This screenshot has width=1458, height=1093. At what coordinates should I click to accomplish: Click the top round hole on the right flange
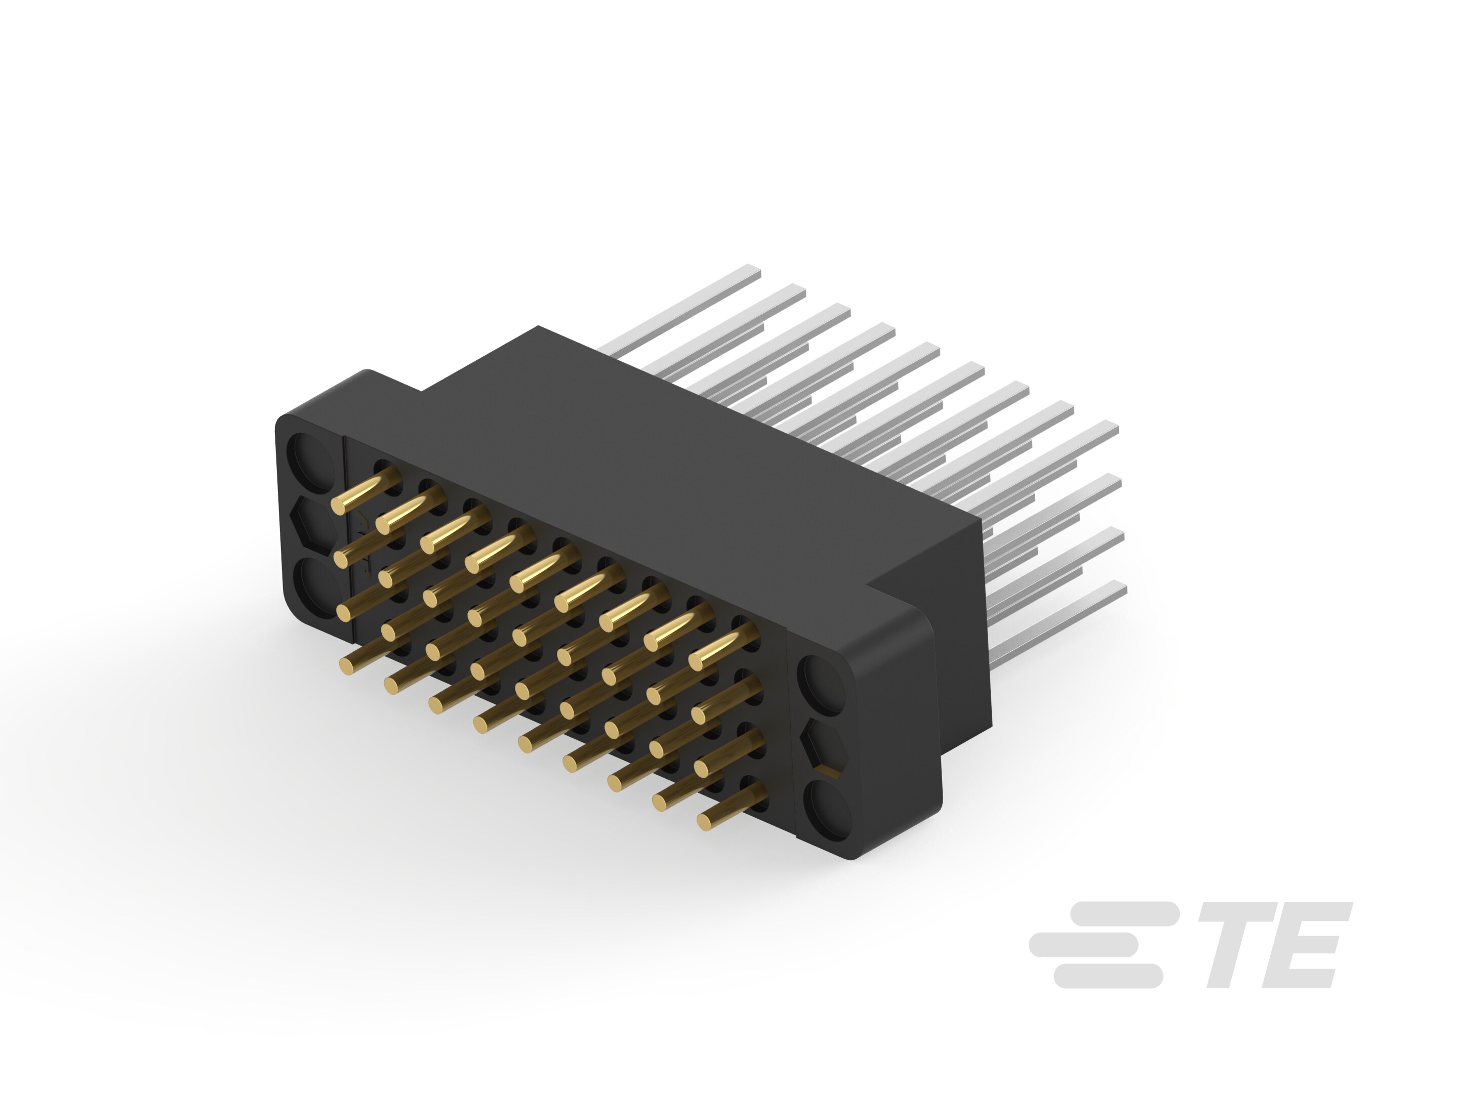(821, 685)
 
